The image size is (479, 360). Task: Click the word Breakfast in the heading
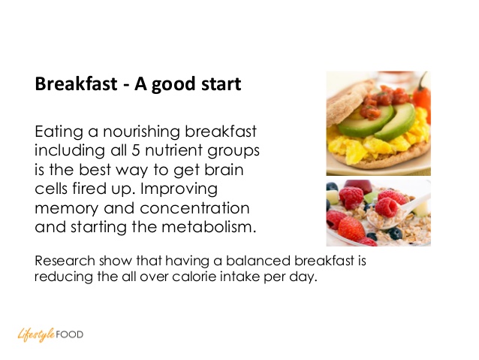click(x=76, y=83)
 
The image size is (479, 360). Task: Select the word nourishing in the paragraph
click(x=141, y=132)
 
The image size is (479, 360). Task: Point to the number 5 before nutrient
click(x=136, y=150)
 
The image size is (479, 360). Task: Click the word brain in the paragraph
click(x=224, y=169)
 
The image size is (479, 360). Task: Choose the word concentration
click(x=194, y=208)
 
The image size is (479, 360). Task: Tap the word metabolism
click(x=209, y=227)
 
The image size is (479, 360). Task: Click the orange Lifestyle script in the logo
click(x=36, y=335)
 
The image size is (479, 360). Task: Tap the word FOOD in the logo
click(x=70, y=334)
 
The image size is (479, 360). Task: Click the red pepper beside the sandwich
click(x=423, y=95)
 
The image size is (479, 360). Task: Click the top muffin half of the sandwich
click(x=348, y=101)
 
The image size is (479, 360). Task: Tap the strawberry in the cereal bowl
click(x=351, y=228)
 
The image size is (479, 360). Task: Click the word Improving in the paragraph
click(x=179, y=189)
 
